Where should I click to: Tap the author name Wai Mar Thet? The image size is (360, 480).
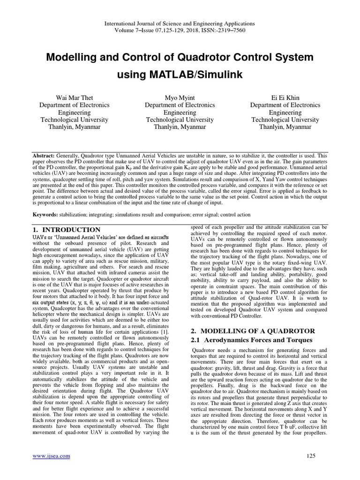[74, 97]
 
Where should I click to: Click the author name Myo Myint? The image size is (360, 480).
[180, 97]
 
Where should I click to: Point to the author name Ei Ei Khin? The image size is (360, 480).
[285, 97]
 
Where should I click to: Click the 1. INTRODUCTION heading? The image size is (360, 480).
[66, 230]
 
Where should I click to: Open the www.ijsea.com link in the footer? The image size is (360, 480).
[51, 456]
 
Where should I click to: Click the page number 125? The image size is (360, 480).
[311, 456]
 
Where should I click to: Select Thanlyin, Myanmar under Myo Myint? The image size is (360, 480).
[180, 127]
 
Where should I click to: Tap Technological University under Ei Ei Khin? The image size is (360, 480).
[285, 120]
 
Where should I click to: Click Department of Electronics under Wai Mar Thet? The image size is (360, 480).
[74, 105]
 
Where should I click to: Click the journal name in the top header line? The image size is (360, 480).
[180, 23]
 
